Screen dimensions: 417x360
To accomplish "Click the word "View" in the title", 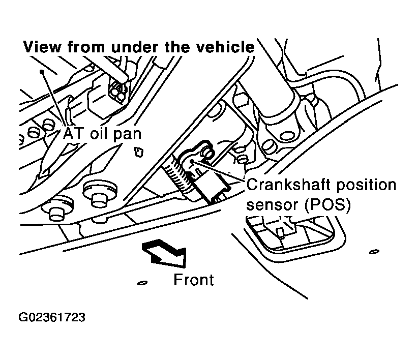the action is [x=42, y=47].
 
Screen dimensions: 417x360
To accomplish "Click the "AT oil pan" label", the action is [x=102, y=134].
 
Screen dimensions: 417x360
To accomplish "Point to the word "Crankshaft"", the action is [x=289, y=185].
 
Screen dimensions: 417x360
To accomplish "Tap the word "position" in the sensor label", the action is [x=367, y=185].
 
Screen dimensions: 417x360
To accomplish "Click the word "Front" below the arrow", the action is [x=194, y=280].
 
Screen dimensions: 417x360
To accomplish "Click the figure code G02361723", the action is [x=52, y=317].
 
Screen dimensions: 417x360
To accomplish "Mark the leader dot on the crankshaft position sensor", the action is [x=192, y=160].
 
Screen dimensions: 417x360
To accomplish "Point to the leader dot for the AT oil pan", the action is [x=41, y=72].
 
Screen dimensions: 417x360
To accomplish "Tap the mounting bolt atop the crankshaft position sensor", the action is [x=207, y=153].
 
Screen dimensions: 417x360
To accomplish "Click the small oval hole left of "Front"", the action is [x=142, y=283].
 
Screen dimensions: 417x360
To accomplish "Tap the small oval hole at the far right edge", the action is [x=374, y=252].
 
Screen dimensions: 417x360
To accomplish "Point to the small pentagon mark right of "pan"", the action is [x=139, y=152].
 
